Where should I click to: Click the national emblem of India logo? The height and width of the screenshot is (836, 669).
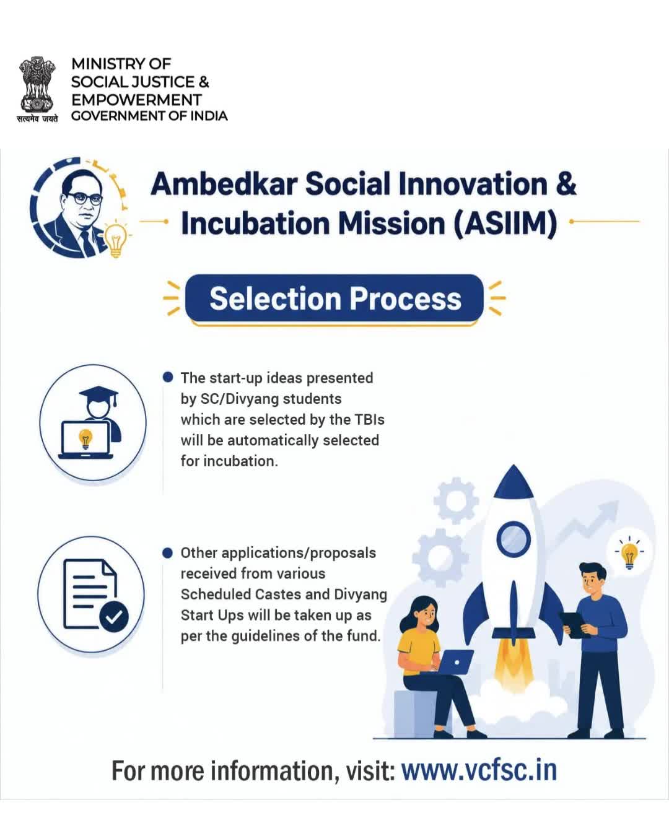(x=37, y=89)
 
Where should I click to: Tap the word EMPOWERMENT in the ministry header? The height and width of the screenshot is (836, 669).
(x=136, y=100)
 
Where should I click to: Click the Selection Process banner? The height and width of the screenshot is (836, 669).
(x=334, y=298)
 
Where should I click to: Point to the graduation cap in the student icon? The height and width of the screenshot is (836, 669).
(x=98, y=395)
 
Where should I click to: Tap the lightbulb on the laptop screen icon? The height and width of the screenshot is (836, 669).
(x=85, y=439)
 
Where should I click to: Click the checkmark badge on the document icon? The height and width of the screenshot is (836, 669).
(x=114, y=616)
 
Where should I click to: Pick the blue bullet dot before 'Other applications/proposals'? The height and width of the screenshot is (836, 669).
(x=167, y=553)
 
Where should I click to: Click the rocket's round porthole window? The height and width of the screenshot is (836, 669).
(x=514, y=539)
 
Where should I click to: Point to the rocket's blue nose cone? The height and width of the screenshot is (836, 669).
(x=513, y=482)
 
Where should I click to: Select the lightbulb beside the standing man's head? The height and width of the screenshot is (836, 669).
(x=629, y=554)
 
